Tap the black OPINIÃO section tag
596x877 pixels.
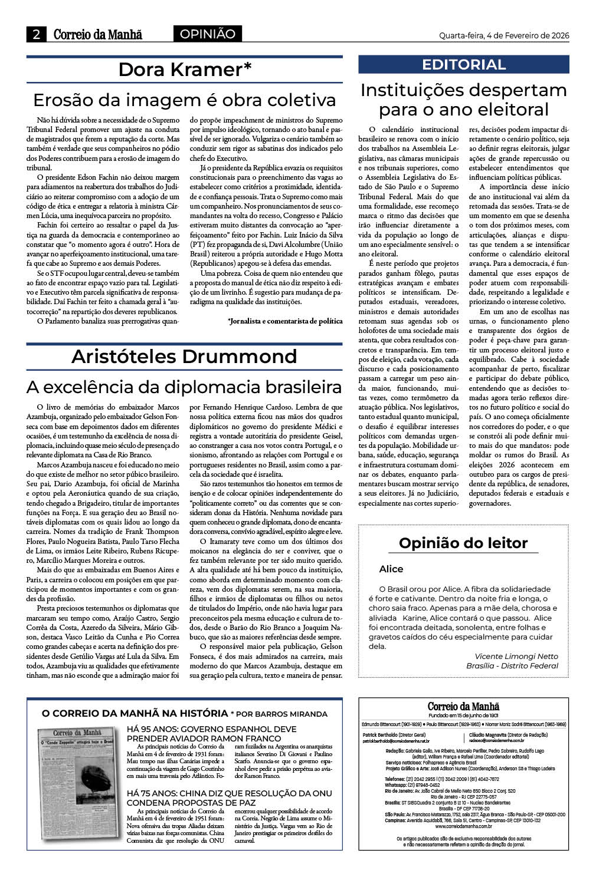click(x=207, y=34)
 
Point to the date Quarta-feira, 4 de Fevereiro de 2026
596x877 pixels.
click(x=503, y=35)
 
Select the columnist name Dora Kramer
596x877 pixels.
click(x=185, y=70)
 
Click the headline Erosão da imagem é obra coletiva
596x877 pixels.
click(x=184, y=100)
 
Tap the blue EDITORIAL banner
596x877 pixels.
click(x=464, y=65)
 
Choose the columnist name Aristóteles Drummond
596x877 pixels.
click(x=184, y=357)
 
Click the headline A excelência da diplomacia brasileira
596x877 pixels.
click(x=184, y=387)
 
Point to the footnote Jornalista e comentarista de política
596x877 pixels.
click(x=285, y=321)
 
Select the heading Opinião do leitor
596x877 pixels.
click(x=463, y=543)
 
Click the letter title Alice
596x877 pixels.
click(x=391, y=569)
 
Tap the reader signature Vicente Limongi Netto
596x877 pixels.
click(x=516, y=656)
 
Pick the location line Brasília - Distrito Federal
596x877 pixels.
click(x=512, y=665)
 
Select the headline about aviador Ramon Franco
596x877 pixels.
click(x=204, y=734)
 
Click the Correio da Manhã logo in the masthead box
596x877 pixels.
click(x=463, y=707)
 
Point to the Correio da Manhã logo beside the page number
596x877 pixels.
click(x=98, y=35)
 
